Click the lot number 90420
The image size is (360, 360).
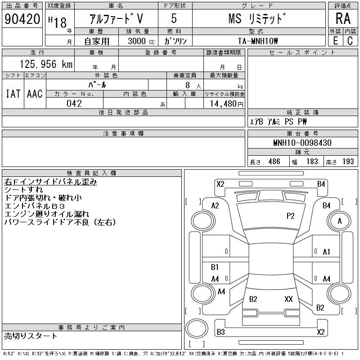click(x=22, y=19)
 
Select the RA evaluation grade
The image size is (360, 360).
click(x=343, y=18)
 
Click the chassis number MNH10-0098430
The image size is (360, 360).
click(x=302, y=143)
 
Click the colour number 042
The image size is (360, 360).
click(x=74, y=103)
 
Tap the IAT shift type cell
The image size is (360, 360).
click(x=13, y=94)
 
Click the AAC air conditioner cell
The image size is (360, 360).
click(x=35, y=94)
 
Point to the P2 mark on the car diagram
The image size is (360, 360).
click(x=290, y=216)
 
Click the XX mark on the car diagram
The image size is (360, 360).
click(x=288, y=299)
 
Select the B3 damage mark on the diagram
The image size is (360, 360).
click(x=220, y=332)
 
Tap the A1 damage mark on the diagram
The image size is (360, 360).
click(x=327, y=252)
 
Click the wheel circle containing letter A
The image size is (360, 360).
click(x=340, y=221)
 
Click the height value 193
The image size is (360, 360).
click(x=347, y=162)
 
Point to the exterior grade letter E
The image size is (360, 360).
click(x=335, y=40)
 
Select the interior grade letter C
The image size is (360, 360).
click(x=350, y=40)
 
